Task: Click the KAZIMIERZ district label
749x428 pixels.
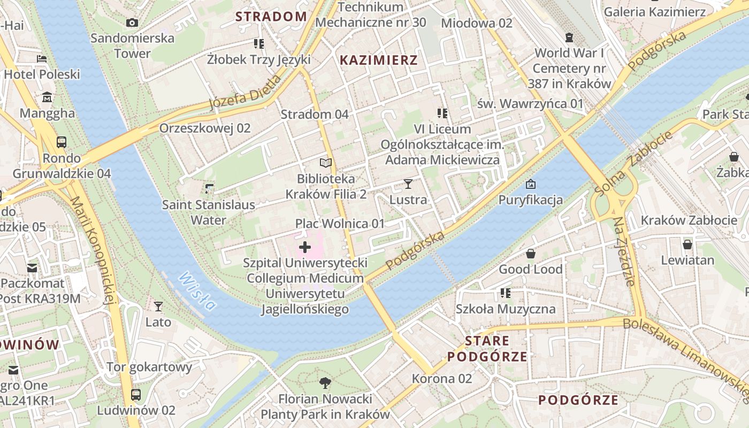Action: [x=379, y=60]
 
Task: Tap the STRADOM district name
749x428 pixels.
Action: [x=271, y=17]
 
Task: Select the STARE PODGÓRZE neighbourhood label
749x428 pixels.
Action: [x=487, y=349]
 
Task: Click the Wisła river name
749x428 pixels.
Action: [x=197, y=291]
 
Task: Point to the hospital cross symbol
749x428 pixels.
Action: [x=305, y=247]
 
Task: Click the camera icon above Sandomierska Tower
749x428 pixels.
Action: [x=132, y=22]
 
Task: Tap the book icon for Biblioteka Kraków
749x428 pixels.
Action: [x=326, y=163]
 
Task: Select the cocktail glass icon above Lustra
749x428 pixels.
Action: [x=408, y=184]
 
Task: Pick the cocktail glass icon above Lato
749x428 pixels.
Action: [x=158, y=306]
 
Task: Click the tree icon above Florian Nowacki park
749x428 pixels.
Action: [x=325, y=383]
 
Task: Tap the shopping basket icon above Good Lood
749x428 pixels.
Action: [x=531, y=254]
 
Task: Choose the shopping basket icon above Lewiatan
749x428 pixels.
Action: [x=687, y=244]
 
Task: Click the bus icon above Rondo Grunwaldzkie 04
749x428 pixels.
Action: [x=62, y=142]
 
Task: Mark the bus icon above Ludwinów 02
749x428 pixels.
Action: [x=136, y=395]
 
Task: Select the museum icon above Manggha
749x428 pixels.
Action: [x=47, y=97]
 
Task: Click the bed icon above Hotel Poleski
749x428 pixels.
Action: [x=42, y=59]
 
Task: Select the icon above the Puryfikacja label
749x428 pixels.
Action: [x=530, y=184]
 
